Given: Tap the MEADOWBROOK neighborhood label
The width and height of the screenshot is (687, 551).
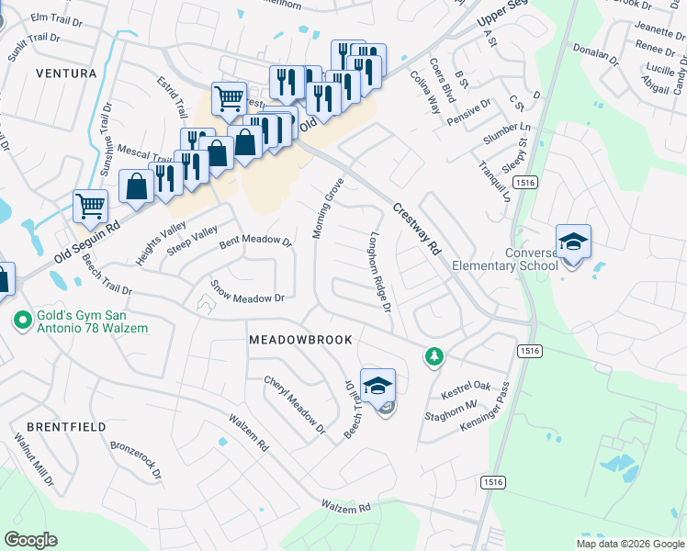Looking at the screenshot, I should click(x=300, y=340).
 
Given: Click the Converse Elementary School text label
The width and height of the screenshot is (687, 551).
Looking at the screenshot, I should click(x=530, y=260).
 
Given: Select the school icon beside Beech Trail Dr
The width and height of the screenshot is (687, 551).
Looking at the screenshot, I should click(x=377, y=387).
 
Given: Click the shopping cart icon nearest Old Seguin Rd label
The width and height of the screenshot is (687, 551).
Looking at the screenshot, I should click(x=90, y=206).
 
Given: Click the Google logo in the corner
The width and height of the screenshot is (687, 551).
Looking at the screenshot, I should click(x=30, y=540).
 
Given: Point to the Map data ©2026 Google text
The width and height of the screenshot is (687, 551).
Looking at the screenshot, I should click(x=630, y=543).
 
